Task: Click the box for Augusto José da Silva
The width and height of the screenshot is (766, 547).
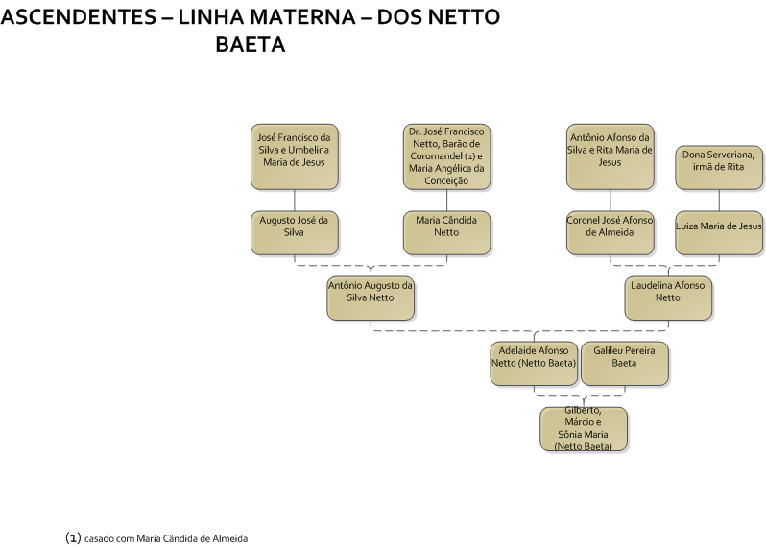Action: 295,233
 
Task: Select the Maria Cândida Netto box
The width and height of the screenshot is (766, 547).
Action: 447,233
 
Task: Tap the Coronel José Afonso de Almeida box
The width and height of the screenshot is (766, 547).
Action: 610,233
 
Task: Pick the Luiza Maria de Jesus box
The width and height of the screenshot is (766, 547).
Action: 719,233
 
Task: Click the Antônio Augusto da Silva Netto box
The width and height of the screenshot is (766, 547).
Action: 371,298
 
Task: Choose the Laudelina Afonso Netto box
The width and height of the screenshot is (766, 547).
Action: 668,298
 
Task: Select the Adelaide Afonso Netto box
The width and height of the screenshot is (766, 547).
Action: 534,364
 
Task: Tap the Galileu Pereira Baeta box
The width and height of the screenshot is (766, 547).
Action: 625,364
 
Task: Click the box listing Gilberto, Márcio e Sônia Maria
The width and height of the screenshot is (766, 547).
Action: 584,429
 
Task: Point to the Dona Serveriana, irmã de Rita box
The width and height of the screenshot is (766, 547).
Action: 719,168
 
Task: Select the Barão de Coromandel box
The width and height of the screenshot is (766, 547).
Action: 447,156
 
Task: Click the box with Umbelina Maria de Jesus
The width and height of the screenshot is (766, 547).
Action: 295,156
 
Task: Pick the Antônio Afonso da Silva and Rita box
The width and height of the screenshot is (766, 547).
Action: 610,156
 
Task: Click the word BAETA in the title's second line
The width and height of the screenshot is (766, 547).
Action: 251,44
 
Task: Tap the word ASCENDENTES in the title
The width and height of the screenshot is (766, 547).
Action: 78,17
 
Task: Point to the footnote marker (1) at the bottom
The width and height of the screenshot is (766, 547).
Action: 73,538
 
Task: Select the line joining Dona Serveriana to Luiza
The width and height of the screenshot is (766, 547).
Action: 719,201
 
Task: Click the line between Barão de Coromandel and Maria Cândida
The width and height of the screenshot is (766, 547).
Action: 447,201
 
